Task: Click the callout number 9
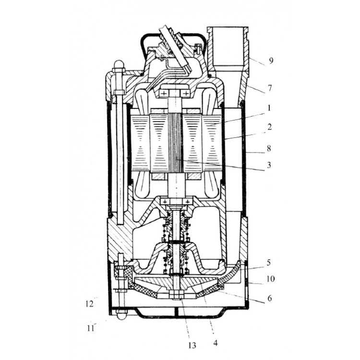point(271,61)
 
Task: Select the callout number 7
point(270,88)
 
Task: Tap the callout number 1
point(269,108)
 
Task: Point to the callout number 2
point(269,127)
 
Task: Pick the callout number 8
point(269,148)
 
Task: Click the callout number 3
point(269,165)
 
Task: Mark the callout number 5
point(269,263)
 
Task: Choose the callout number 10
point(271,279)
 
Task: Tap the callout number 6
point(270,298)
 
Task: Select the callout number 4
point(216,343)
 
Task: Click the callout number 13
point(192,345)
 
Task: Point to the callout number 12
point(89,304)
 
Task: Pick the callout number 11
point(90,328)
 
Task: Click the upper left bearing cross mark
point(165,94)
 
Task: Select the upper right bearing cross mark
point(186,94)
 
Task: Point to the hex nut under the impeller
point(176,294)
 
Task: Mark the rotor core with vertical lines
point(176,143)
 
